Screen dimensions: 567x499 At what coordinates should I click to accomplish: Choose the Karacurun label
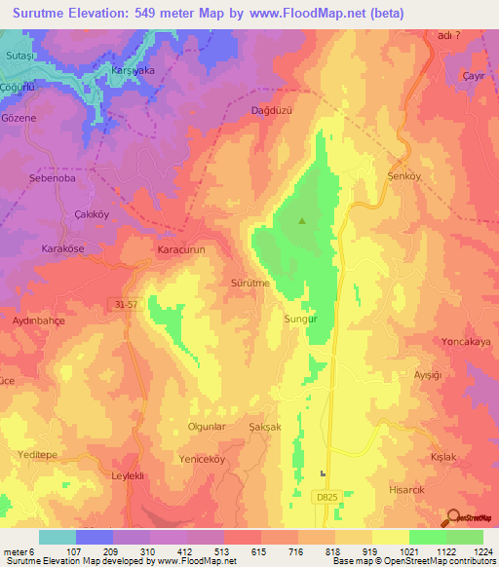180,249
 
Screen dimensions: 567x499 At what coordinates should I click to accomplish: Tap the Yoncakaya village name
466,342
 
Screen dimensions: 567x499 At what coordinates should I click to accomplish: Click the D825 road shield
326,497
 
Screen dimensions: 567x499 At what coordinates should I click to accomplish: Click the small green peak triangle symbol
301,221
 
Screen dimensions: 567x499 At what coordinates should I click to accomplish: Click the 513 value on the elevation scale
223,550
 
